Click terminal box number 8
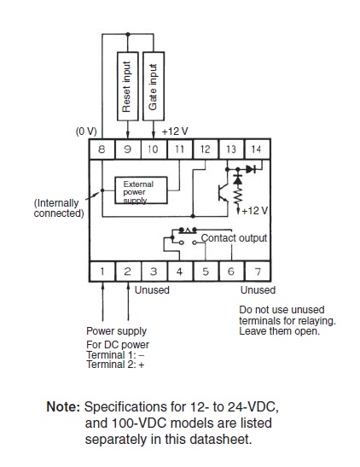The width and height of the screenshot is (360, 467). (x=102, y=149)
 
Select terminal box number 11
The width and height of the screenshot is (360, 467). (x=179, y=149)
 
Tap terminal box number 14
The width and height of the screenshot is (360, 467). (x=257, y=149)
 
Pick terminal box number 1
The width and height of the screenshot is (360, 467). (x=102, y=271)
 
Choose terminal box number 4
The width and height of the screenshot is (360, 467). (x=179, y=271)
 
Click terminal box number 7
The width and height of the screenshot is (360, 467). (x=258, y=271)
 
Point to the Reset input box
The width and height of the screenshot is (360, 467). (x=128, y=86)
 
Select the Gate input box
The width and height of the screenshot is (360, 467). (x=154, y=86)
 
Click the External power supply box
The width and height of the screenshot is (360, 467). (x=141, y=190)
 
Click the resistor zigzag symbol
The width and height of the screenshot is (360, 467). (x=238, y=195)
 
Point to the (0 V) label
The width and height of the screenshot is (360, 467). (x=86, y=131)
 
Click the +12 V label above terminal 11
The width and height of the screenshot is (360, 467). (x=175, y=131)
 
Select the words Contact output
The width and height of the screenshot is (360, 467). (x=234, y=238)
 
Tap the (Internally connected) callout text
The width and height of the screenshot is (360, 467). (x=59, y=208)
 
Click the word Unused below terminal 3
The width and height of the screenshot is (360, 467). (x=152, y=290)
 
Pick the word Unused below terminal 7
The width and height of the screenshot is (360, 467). (x=258, y=290)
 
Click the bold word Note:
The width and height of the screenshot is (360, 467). (x=63, y=407)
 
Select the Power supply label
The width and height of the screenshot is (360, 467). (x=116, y=331)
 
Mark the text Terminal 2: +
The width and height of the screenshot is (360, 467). (x=115, y=365)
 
